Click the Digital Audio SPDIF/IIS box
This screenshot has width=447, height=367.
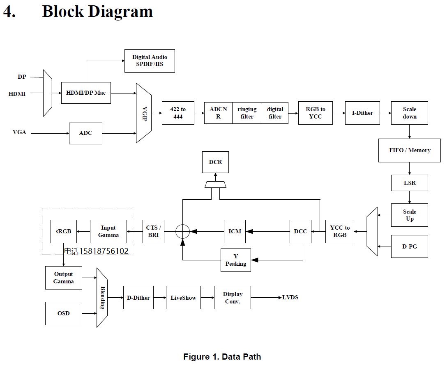pyautogui.click(x=150, y=61)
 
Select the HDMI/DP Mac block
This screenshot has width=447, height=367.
pyautogui.click(x=86, y=93)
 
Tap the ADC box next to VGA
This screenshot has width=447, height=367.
pyautogui.click(x=85, y=133)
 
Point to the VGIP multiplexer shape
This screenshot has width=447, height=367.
pyautogui.click(x=144, y=113)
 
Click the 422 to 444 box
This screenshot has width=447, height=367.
pyautogui.click(x=178, y=113)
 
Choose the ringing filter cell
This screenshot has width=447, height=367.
pyautogui.click(x=247, y=113)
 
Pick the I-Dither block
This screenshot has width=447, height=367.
pyautogui.click(x=362, y=113)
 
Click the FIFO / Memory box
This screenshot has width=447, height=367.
pyautogui.click(x=409, y=150)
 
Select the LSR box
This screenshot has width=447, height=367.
pyautogui.click(x=409, y=182)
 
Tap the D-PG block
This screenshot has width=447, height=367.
pyautogui.click(x=409, y=246)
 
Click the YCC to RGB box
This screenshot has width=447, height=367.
pyautogui.click(x=339, y=231)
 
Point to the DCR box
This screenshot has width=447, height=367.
pyautogui.click(x=215, y=162)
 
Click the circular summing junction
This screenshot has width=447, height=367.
pyautogui.click(x=182, y=231)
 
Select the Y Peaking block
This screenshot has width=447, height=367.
pyautogui.click(x=236, y=260)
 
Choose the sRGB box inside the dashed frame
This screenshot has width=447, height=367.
pyautogui.click(x=64, y=231)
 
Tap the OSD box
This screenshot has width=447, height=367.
pyautogui.click(x=64, y=313)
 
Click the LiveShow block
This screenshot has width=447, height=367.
pyautogui.click(x=183, y=298)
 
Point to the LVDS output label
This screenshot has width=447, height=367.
pyautogui.click(x=290, y=297)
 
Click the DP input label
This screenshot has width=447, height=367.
pyautogui.click(x=22, y=77)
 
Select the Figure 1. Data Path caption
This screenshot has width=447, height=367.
pyautogui.click(x=222, y=356)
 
